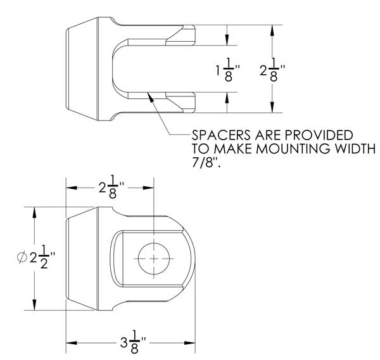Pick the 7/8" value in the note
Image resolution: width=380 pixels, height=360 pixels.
pos(208,164)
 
